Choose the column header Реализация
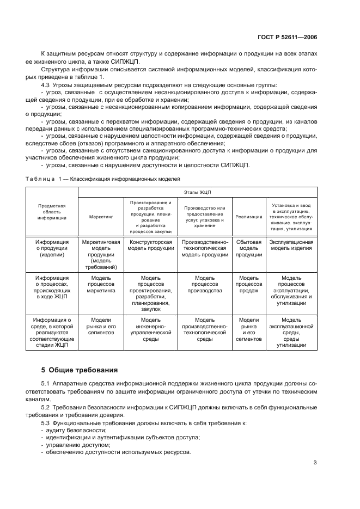point(248,217)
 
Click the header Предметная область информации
point(52,212)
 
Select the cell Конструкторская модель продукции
point(150,245)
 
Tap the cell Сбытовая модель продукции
point(249,248)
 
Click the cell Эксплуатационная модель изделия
point(291,245)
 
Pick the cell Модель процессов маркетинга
point(101,284)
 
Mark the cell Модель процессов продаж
point(249,284)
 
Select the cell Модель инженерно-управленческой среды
point(150,329)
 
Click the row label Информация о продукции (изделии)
point(52,248)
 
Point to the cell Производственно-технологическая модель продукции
point(205,248)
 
